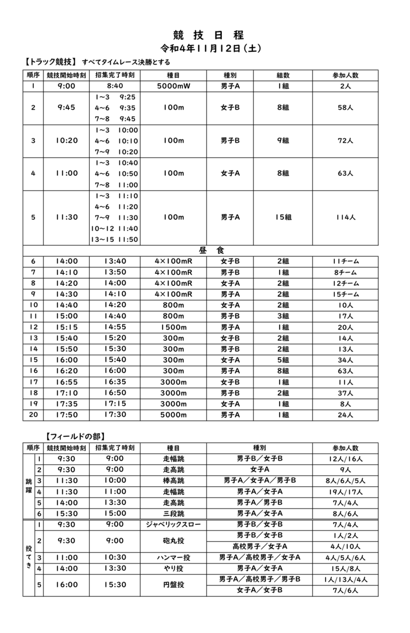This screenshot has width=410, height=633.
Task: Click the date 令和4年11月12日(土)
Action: click(211, 48)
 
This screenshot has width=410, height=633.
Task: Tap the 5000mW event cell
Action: click(174, 86)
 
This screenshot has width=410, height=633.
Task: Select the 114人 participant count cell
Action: click(345, 217)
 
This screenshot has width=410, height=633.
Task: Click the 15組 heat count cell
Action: click(283, 217)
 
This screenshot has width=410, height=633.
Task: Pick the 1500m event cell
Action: click(174, 327)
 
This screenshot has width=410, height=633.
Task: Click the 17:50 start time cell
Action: click(67, 415)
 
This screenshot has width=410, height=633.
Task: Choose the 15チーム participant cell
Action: click(345, 295)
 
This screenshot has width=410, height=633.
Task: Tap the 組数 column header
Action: click(283, 75)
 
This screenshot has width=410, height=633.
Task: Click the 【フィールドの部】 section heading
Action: click(76, 436)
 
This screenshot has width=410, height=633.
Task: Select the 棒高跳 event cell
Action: click(174, 480)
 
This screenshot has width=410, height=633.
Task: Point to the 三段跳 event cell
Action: click(174, 514)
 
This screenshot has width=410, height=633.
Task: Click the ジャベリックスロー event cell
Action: click(174, 524)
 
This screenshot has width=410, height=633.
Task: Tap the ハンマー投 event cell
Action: click(174, 558)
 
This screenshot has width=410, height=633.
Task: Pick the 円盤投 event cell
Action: click(174, 585)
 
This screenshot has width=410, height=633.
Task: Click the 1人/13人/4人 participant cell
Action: click(345, 579)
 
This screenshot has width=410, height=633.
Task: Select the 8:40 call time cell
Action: click(115, 86)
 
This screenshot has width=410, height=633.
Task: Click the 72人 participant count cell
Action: click(345, 141)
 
